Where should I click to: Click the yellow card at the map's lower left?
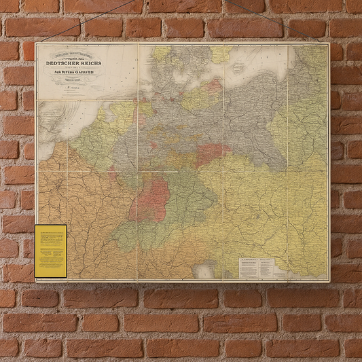coord(51,251)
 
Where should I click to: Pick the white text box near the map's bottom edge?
coord(256,267)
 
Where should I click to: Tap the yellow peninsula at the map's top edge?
coord(161,52)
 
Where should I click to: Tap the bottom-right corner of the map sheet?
coord(329,280)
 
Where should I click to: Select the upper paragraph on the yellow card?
coord(51,237)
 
